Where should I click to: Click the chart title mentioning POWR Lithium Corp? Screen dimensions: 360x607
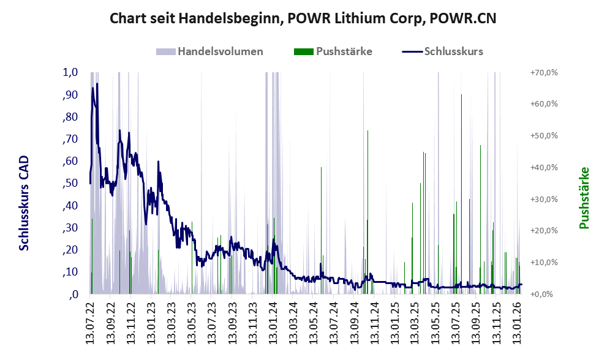(303, 18)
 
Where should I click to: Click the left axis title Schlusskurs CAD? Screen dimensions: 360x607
(24, 203)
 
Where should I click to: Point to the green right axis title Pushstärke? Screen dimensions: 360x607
(584, 198)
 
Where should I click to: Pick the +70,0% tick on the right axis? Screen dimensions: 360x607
(543, 72)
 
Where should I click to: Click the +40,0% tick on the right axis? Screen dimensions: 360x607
(543, 167)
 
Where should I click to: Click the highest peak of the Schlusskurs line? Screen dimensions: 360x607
(97, 84)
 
